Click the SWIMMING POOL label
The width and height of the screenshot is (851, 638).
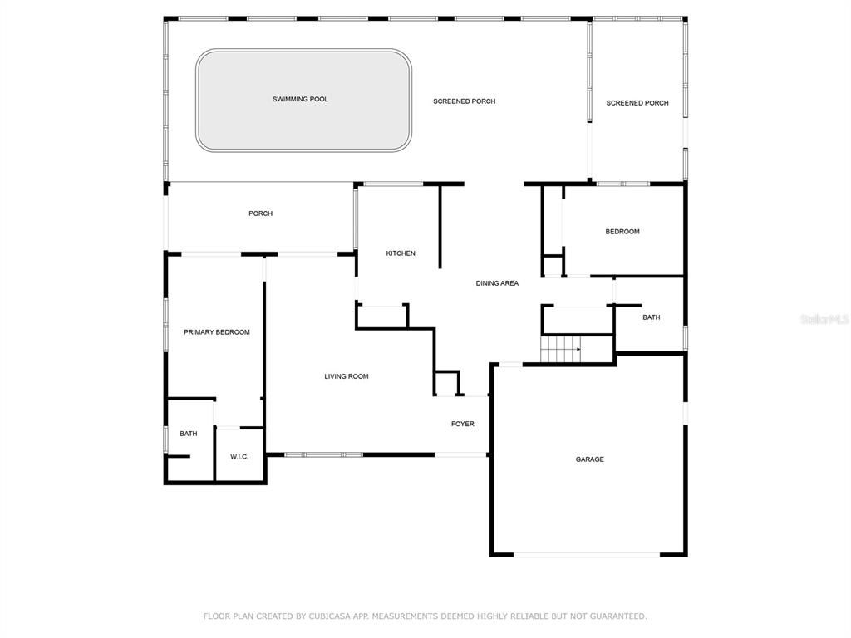click(300, 100)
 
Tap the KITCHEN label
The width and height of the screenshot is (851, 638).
click(401, 253)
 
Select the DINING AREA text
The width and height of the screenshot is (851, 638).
click(497, 283)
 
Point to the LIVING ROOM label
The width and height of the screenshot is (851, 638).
click(347, 376)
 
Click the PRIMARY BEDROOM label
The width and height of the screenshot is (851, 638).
click(217, 332)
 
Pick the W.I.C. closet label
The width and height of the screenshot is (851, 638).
click(239, 457)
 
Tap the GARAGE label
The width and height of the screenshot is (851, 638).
click(590, 459)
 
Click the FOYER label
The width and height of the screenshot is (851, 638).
click(463, 425)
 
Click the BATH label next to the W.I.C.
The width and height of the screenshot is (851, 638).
click(189, 434)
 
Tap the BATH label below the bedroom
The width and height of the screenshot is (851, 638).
click(652, 317)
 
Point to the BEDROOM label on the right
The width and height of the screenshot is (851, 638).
click(622, 232)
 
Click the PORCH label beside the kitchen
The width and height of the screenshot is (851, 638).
click(260, 213)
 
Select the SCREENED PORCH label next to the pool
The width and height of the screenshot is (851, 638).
click(464, 101)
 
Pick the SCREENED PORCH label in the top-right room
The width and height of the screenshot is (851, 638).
click(637, 103)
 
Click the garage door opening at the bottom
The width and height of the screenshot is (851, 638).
click(587, 554)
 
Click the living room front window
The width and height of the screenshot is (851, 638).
click(324, 454)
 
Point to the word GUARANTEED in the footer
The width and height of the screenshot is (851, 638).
click(617, 616)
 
